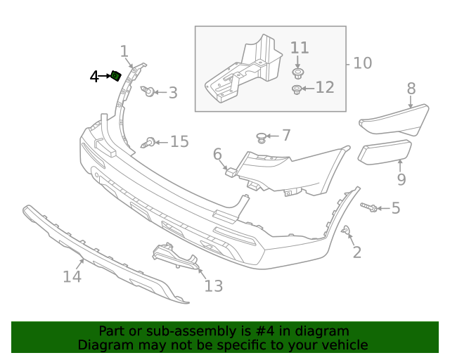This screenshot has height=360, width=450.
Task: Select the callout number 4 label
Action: tap(94, 77)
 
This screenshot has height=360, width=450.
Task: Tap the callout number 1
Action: tap(124, 51)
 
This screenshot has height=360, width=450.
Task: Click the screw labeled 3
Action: tap(148, 91)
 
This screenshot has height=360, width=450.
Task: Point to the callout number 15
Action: tap(179, 142)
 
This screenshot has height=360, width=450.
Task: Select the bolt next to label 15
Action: tap(148, 143)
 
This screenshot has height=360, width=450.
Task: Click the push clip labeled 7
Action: tap(262, 136)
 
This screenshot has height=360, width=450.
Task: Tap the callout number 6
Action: tap(217, 153)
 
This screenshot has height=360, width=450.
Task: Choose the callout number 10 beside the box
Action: tap(362, 63)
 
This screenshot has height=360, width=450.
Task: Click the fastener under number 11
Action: tap(299, 72)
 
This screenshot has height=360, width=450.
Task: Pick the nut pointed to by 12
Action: tap(297, 89)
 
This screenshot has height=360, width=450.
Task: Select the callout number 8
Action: tap(411, 89)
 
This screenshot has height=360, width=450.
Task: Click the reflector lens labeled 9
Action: tap(384, 153)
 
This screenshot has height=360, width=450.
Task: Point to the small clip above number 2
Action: tap(346, 231)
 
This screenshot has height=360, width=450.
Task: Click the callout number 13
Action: tap(213, 285)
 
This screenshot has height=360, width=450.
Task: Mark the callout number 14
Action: tap(72, 277)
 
